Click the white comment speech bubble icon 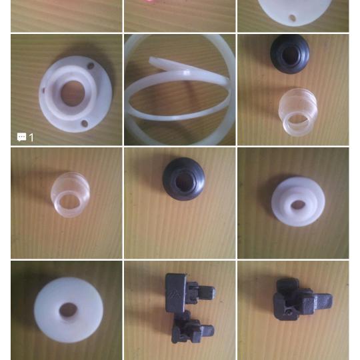click(21, 137)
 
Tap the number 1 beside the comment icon click(31, 137)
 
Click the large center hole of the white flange click(73, 93)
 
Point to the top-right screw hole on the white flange click(91, 66)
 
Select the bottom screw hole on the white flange click(85, 123)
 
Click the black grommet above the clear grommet click(290, 54)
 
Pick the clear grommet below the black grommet click(298, 112)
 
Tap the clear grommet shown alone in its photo click(70, 195)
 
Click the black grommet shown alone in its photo click(183, 179)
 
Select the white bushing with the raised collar click(298, 201)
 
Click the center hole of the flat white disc click(68, 310)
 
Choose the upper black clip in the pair click(189, 292)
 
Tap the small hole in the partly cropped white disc click(292, 18)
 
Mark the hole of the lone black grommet click(184, 181)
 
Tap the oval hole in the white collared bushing click(297, 205)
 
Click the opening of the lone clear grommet click(69, 203)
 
